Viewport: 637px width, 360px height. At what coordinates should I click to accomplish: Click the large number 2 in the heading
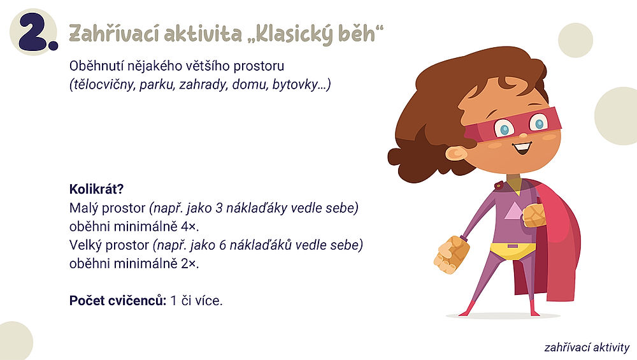pos(34,33)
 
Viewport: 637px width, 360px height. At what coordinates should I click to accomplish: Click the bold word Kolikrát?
pos(96,189)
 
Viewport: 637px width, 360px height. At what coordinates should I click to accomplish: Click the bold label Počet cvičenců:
pos(118,300)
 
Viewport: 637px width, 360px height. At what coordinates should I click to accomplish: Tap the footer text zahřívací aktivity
pos(587,347)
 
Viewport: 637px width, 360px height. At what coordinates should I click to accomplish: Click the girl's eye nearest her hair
pos(504,128)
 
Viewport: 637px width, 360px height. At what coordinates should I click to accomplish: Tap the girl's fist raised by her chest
pos(533,215)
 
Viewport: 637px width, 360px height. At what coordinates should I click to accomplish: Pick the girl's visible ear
pos(455,154)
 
